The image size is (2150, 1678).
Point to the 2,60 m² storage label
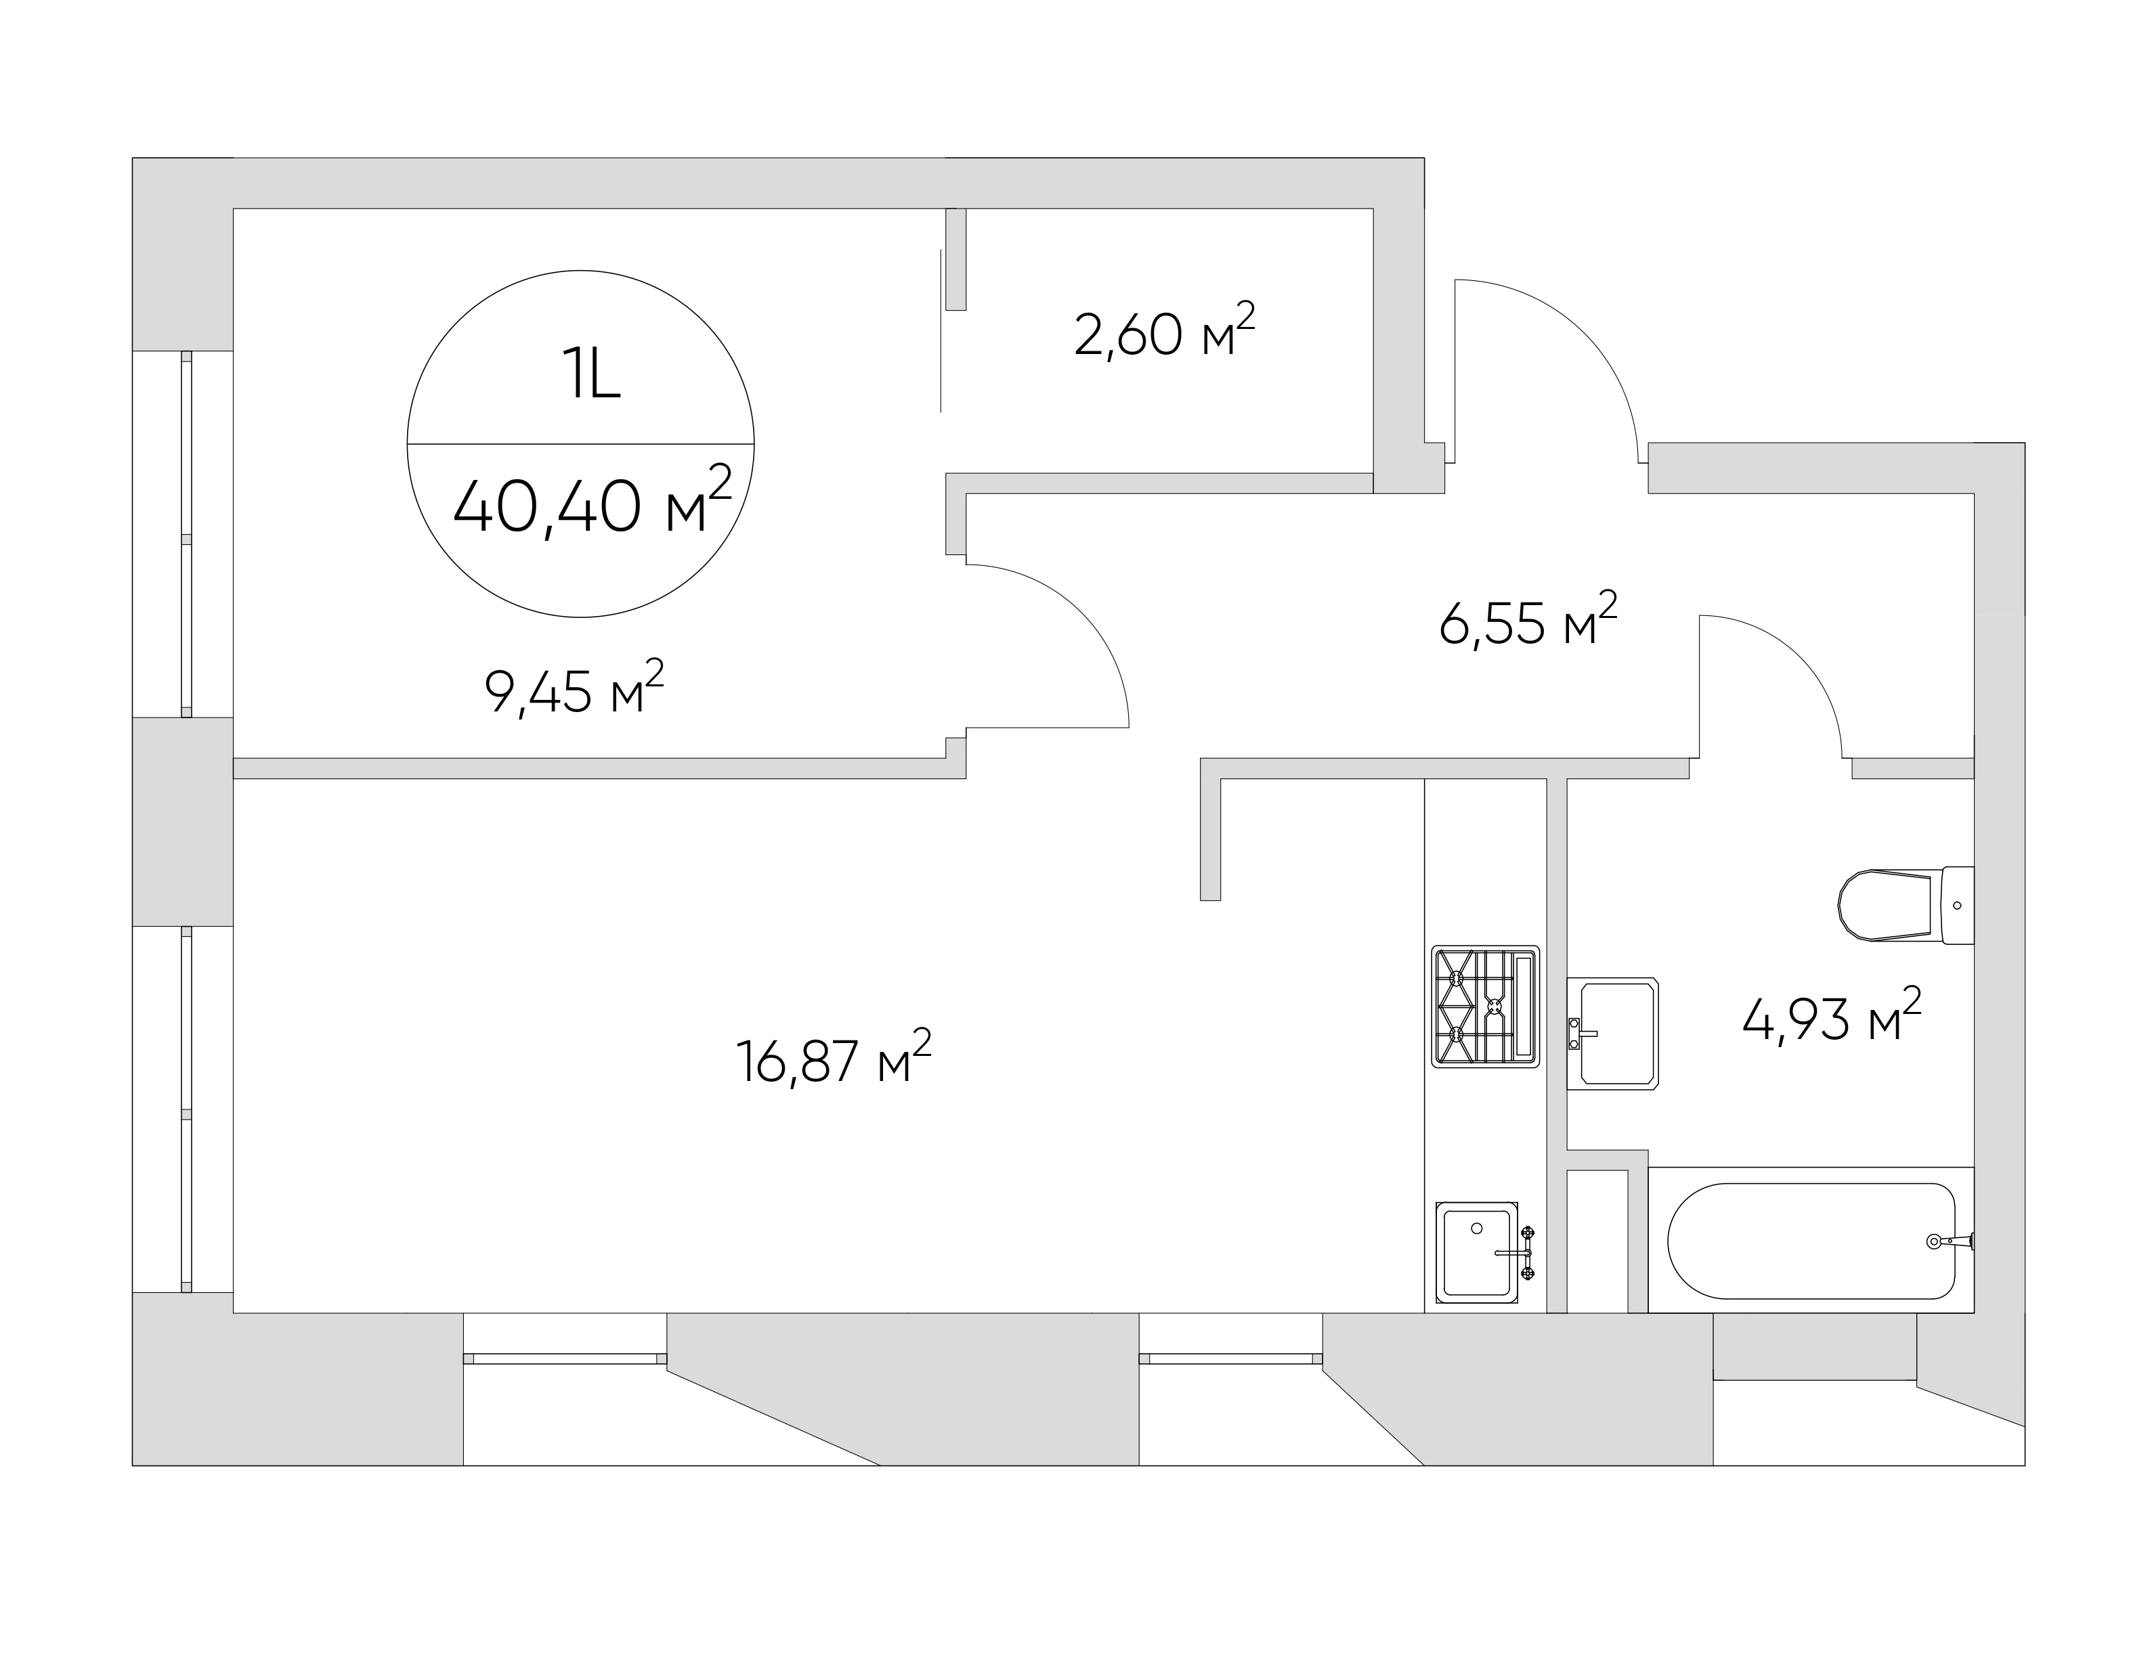pyautogui.click(x=1165, y=332)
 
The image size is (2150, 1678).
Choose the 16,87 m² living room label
pyautogui.click(x=834, y=1057)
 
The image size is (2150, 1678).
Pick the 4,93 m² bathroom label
pyautogui.click(x=1832, y=1015)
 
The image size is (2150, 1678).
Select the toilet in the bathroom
pyautogui.click(x=1906, y=904)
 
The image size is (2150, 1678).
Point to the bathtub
pyautogui.click(x=1811, y=1240)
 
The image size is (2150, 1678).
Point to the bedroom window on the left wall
pyautogui.click(x=186, y=534)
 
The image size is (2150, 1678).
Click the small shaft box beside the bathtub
pyautogui.click(x=1597, y=1241)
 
